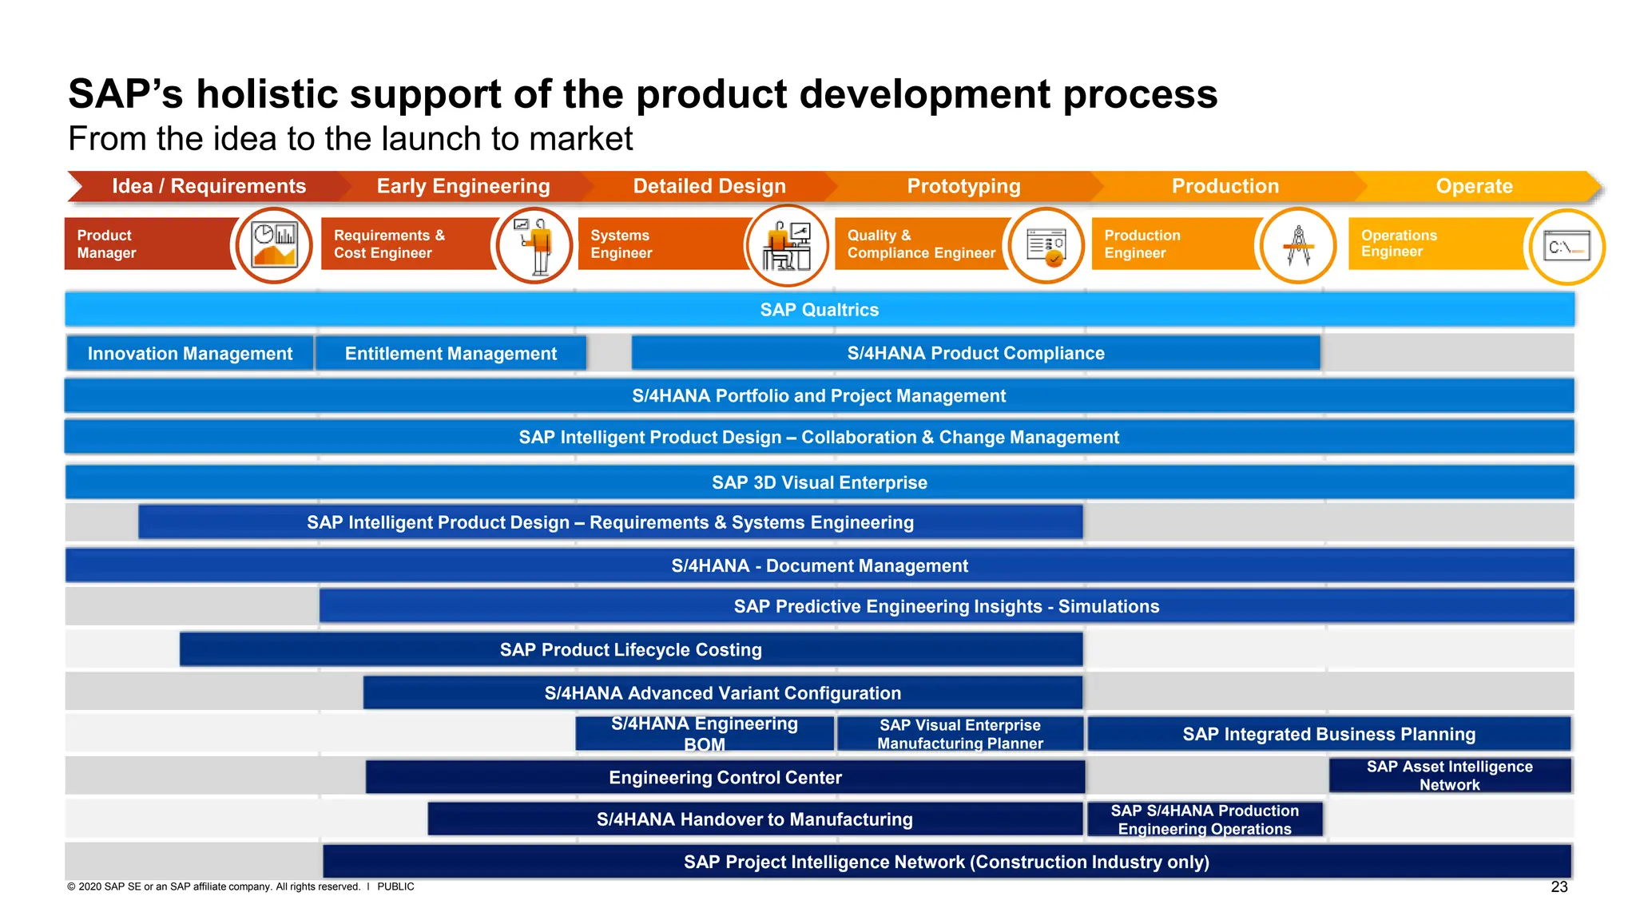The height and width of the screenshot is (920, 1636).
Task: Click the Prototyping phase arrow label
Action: pyautogui.click(x=963, y=186)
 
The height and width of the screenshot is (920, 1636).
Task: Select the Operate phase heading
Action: pyautogui.click(x=1474, y=186)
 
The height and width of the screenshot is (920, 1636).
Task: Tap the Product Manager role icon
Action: pyautogui.click(x=274, y=244)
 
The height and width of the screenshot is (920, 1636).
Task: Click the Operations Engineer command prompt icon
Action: pyautogui.click(x=1567, y=247)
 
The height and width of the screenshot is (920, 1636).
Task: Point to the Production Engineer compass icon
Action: pyautogui.click(x=1298, y=245)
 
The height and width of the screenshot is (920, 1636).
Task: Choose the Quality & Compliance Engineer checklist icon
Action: pyautogui.click(x=1046, y=245)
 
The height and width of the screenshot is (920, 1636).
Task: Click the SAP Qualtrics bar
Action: pyautogui.click(x=819, y=310)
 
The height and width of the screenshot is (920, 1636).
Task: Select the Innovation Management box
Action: pyautogui.click(x=190, y=353)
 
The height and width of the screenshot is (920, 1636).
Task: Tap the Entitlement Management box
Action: pyautogui.click(x=451, y=353)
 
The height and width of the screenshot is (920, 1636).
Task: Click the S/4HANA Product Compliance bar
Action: pyautogui.click(x=975, y=353)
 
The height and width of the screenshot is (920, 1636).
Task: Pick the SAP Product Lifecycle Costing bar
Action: pyautogui.click(x=631, y=649)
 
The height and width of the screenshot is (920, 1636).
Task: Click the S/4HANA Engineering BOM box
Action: pyautogui.click(x=705, y=733)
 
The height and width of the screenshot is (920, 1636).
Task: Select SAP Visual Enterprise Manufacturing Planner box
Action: pyautogui.click(x=959, y=734)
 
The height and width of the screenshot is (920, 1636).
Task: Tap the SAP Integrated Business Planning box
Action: pyautogui.click(x=1328, y=734)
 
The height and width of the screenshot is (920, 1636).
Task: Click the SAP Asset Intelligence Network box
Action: pyautogui.click(x=1449, y=775)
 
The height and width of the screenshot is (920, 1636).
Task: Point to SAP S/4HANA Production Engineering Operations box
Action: pyautogui.click(x=1205, y=819)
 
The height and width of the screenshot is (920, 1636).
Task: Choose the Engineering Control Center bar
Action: pyautogui.click(x=725, y=777)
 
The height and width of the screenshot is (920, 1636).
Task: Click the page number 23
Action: pyautogui.click(x=1559, y=886)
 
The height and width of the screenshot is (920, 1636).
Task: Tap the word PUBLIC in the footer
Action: pyautogui.click(x=395, y=886)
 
